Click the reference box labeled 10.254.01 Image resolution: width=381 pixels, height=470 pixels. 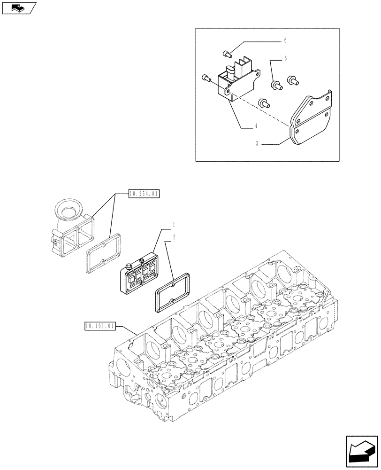point(144,193)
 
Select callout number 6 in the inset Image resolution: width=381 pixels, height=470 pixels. point(285,41)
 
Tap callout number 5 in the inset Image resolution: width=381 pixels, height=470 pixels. point(285,59)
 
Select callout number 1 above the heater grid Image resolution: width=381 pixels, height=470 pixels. point(174,224)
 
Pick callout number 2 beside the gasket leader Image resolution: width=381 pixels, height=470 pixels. point(174,238)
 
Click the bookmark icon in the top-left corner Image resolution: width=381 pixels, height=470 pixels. point(19,8)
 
